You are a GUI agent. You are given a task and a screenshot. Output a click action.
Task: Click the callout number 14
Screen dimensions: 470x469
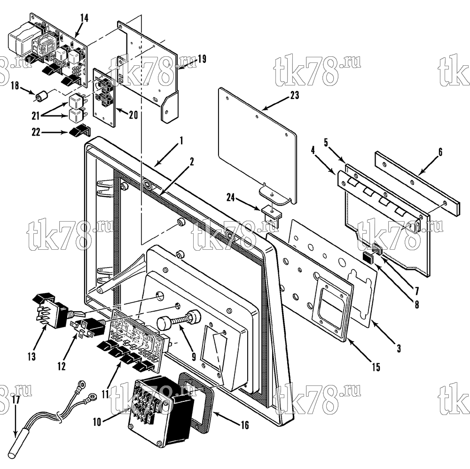pos(84,18)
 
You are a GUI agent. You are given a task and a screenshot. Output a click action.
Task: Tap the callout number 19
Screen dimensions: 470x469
pos(202,59)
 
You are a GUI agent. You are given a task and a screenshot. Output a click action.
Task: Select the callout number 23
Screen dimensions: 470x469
pos(295,95)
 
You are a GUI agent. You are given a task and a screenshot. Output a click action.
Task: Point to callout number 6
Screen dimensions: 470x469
pos(440,152)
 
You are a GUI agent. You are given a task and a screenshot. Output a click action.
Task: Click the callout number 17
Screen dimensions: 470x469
pos(16,400)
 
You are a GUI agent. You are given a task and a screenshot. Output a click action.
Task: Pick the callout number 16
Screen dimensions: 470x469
pos(245,425)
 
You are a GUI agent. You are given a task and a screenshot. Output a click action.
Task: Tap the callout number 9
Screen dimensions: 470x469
pos(194,357)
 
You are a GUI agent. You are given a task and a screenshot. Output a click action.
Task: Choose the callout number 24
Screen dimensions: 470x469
pos(230,198)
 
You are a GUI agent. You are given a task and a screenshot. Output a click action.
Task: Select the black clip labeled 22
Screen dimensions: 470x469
pos(80,131)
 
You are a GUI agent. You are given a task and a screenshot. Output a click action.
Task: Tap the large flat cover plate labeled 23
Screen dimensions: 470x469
pos(257,146)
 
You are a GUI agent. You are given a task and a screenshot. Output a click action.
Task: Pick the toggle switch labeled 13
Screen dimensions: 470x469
pos(51,310)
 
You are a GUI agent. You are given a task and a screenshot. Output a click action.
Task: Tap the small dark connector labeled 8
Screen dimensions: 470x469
pos(368,258)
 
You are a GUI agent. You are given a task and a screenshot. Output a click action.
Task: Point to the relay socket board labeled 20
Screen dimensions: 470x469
pos(104,97)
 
